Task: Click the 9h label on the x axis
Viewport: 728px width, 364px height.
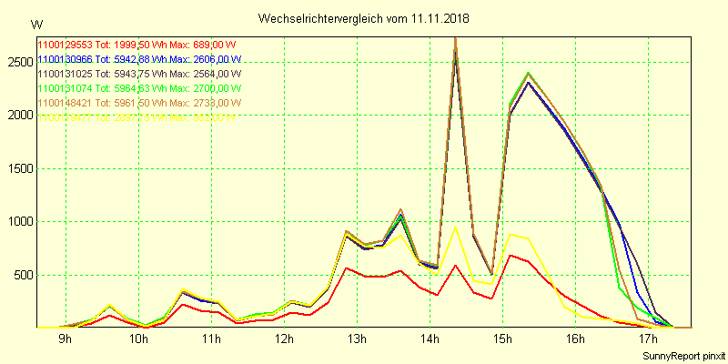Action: [66, 339]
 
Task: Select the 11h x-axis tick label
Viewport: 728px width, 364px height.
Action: [211, 339]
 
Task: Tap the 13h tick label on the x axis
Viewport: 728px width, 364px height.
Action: [357, 339]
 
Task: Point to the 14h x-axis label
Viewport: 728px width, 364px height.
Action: [430, 339]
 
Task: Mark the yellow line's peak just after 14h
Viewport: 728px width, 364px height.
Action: [455, 227]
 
